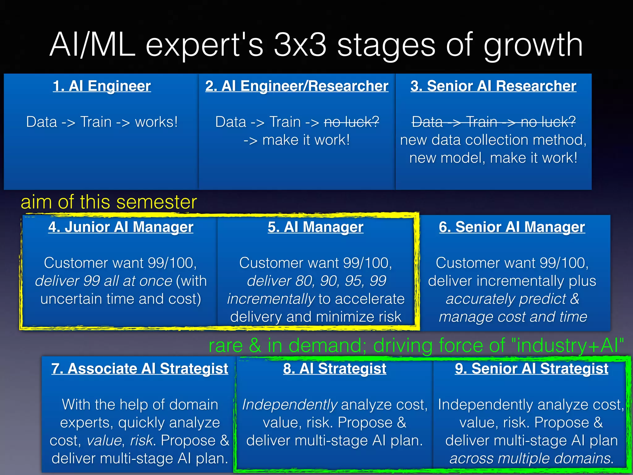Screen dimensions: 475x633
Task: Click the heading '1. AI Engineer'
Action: click(x=102, y=86)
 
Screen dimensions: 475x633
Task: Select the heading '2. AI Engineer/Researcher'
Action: click(x=297, y=86)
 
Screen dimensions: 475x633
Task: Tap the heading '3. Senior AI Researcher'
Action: click(x=493, y=86)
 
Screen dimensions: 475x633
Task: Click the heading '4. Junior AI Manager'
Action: click(x=121, y=227)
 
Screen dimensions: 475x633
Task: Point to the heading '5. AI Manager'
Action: click(x=316, y=227)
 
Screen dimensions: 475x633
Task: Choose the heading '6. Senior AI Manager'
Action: click(x=512, y=227)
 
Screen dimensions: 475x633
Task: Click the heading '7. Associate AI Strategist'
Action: click(x=140, y=369)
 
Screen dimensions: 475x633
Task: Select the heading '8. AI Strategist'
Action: click(x=335, y=369)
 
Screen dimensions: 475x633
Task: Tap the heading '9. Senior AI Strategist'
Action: click(x=532, y=369)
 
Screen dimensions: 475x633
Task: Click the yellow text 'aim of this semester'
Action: click(x=109, y=202)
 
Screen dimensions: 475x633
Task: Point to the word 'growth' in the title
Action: click(x=533, y=46)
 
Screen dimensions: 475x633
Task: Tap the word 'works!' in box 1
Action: click(x=156, y=122)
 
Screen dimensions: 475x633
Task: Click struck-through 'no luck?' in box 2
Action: click(x=352, y=122)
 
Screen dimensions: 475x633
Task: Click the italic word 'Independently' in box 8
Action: click(x=290, y=404)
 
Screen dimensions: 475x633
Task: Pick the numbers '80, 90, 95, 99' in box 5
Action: click(x=339, y=281)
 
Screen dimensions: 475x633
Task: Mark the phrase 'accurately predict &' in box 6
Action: click(x=512, y=299)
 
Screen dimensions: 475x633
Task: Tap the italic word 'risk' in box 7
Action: click(x=142, y=440)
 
